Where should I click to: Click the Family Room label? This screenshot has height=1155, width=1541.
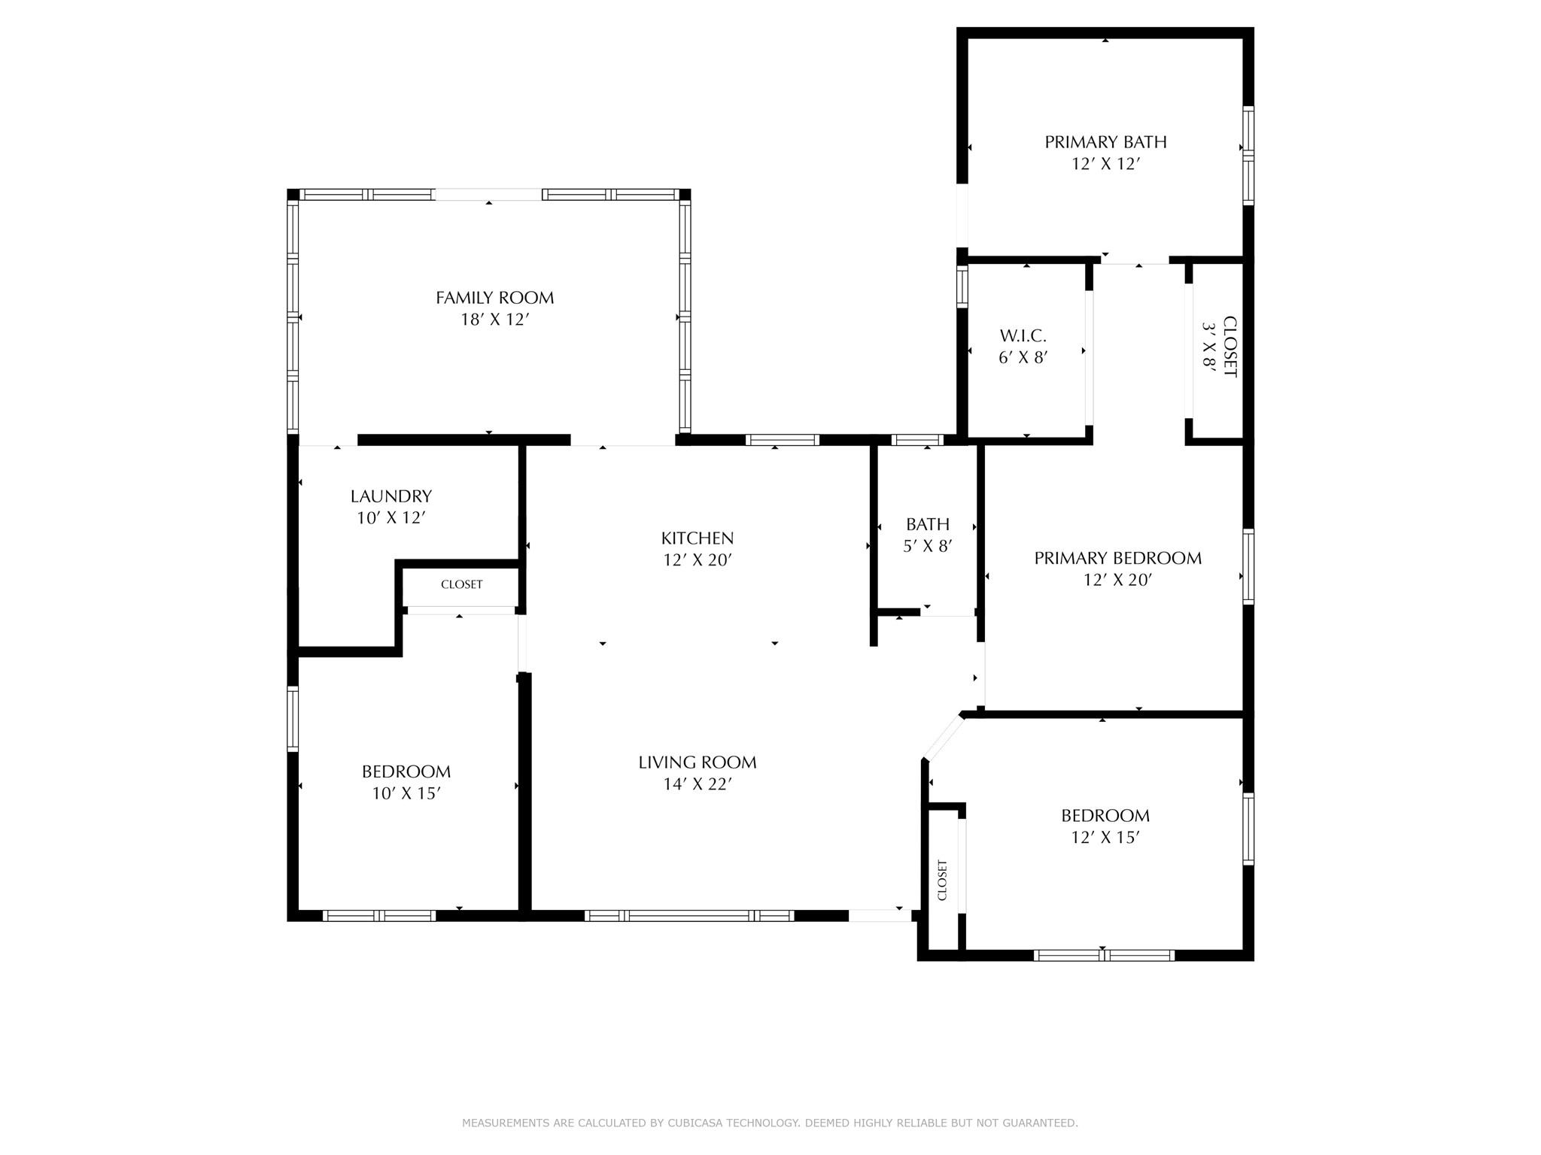point(494,298)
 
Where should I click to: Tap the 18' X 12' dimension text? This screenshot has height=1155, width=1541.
point(495,320)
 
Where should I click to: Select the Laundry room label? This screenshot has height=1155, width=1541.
point(391,496)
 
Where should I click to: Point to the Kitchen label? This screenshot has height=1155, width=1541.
point(698,538)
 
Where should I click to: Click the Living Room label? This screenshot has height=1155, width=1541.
point(698,762)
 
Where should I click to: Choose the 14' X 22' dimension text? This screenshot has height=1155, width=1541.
point(698,784)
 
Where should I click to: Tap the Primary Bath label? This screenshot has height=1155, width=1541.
point(1105,142)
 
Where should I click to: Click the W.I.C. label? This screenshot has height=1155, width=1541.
point(1023,336)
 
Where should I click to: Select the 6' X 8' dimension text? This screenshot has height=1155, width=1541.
point(1023,358)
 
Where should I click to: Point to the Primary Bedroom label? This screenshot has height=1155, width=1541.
point(1117,558)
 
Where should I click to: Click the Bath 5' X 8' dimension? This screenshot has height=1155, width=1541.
point(929,546)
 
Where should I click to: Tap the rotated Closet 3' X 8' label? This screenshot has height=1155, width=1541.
point(1220,347)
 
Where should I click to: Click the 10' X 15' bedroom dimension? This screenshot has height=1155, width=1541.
point(406,793)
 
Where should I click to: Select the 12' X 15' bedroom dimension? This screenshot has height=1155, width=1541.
point(1105,837)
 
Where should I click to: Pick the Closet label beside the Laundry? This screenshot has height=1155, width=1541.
point(461,584)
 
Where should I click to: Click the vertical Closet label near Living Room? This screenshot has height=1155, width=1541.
point(942,880)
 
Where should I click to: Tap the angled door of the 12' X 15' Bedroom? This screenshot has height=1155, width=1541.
point(943,738)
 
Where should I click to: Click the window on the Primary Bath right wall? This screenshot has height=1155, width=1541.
point(1248,156)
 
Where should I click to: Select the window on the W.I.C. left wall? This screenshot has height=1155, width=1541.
point(962,286)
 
